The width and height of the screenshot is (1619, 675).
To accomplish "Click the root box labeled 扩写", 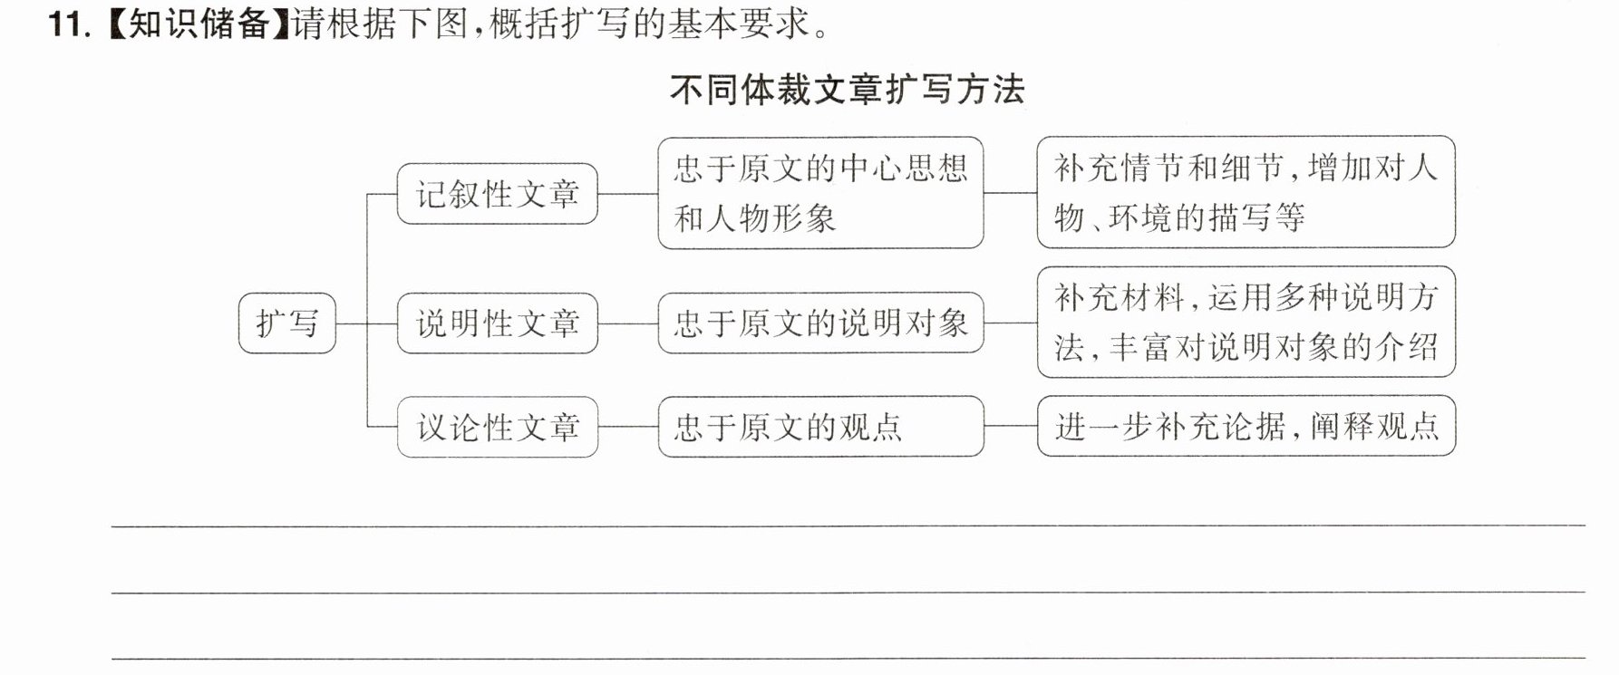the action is (286, 323).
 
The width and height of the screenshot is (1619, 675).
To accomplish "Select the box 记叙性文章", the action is (497, 193).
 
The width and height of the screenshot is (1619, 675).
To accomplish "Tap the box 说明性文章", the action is (497, 323).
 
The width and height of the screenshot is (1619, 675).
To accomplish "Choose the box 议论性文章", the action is (497, 427).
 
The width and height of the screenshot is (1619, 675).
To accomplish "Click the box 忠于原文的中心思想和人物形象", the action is (820, 193).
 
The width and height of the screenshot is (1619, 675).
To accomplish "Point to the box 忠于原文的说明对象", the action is (820, 323).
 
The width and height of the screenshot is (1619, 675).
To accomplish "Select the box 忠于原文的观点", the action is (820, 427).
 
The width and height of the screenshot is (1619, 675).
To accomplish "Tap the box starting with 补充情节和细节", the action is (1246, 192).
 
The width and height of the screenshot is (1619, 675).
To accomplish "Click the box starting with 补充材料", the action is (1246, 322).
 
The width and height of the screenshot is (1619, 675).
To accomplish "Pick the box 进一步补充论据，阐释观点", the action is (1246, 426).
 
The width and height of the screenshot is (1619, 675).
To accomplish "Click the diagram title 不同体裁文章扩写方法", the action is (848, 90).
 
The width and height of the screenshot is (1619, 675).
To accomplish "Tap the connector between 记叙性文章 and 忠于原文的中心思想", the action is (628, 193).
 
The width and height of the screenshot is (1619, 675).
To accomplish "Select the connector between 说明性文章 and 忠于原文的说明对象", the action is (628, 323).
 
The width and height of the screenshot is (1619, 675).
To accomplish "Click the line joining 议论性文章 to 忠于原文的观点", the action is (628, 427).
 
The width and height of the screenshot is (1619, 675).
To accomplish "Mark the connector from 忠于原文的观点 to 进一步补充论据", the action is (1011, 426).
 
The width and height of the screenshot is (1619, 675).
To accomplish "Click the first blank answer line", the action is (848, 526).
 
